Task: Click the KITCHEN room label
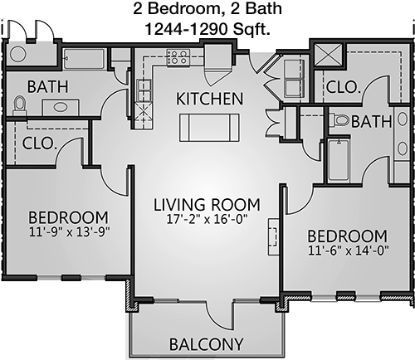click(209, 99)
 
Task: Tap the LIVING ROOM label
click(207, 205)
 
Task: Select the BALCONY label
click(207, 344)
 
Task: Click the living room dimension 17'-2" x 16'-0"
click(207, 220)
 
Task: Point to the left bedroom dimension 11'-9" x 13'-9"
click(70, 231)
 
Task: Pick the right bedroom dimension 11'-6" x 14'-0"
click(349, 251)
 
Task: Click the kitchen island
click(209, 128)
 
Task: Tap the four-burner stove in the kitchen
click(178, 57)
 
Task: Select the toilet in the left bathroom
click(19, 106)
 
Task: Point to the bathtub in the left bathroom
click(84, 59)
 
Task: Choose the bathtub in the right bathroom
click(339, 160)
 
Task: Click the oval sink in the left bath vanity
click(60, 106)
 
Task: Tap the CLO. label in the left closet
click(38, 144)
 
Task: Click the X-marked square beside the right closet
click(329, 55)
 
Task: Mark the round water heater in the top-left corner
click(18, 54)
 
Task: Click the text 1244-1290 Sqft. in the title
click(207, 29)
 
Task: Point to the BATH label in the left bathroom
click(47, 86)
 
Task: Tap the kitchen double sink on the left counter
click(144, 90)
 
